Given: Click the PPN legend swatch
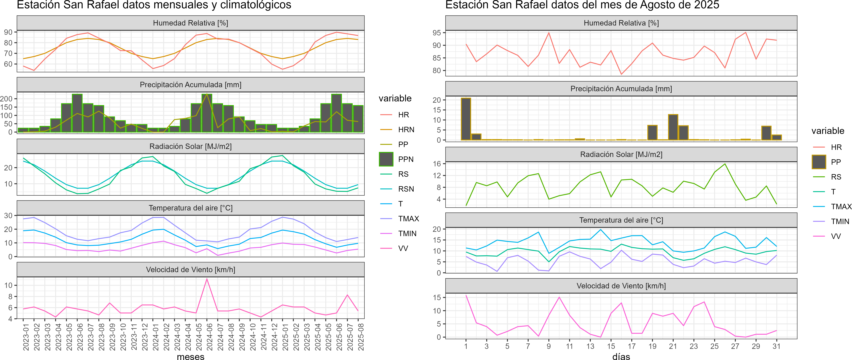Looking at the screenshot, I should point(386,159).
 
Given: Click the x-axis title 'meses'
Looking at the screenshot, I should point(190,356).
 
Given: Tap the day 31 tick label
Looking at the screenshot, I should point(776,346).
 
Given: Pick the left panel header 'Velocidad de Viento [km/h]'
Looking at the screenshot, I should point(190,270).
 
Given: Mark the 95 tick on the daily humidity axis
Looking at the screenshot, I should point(437,33).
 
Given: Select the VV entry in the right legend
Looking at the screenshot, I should point(836,236).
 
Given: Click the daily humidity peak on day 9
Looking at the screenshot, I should point(549,33).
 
